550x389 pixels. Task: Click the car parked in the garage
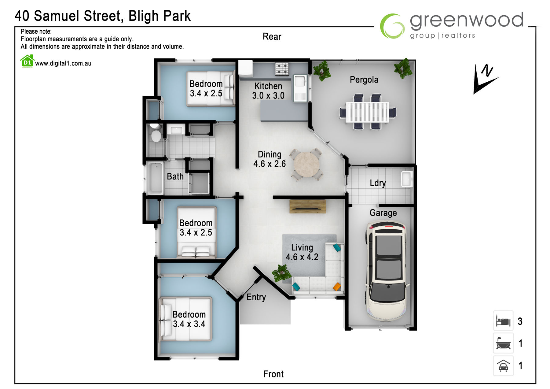(x=387, y=271)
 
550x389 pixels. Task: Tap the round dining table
(x=306, y=165)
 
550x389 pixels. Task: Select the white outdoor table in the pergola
(x=368, y=112)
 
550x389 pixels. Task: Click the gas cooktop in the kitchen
(x=282, y=69)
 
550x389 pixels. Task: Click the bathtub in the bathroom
(x=155, y=179)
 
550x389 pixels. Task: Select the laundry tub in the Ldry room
(x=407, y=179)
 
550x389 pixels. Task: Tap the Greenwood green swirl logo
(x=392, y=26)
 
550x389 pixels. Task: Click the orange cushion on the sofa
(x=337, y=287)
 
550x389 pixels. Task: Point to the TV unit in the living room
(x=308, y=206)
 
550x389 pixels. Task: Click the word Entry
(x=256, y=297)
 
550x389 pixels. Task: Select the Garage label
(x=383, y=213)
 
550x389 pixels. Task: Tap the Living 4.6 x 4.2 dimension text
(x=302, y=252)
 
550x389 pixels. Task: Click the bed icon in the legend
(x=503, y=321)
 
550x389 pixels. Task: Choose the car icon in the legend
(x=503, y=365)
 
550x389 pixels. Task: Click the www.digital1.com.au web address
(x=63, y=64)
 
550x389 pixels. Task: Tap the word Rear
(x=272, y=37)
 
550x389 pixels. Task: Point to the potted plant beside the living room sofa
(x=281, y=273)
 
